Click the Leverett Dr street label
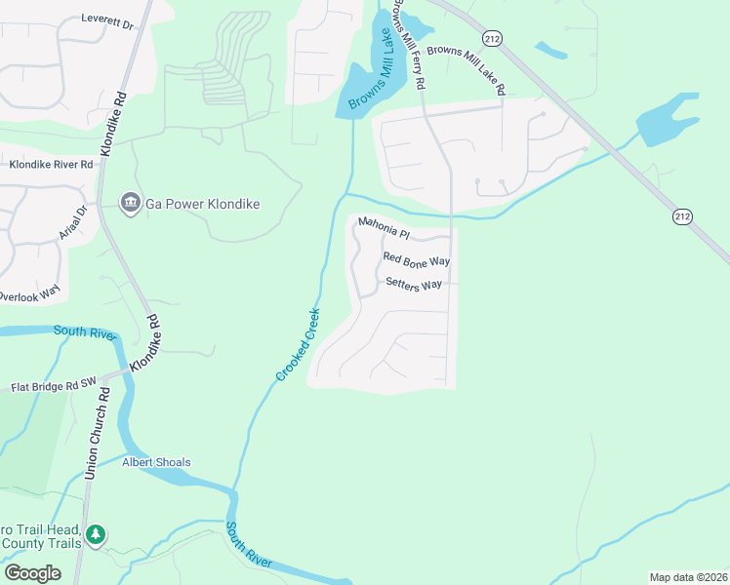point(106,19)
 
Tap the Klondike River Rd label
point(51,165)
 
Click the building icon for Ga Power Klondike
point(130,203)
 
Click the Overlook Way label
point(29,291)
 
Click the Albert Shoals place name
point(156,462)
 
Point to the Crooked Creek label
point(298,344)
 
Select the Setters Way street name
point(414,284)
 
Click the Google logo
point(32,573)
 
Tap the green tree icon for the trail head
point(95,534)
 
